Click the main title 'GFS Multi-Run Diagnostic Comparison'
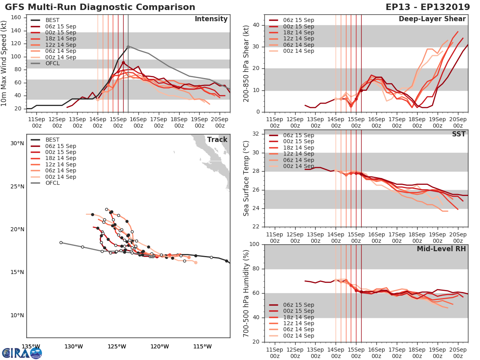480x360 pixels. [100, 7]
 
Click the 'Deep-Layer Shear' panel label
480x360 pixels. [432, 19]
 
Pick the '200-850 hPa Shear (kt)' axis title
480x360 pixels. [246, 63]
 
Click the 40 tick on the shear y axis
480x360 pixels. [257, 25]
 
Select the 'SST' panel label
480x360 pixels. [458, 134]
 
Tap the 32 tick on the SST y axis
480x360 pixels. [257, 134]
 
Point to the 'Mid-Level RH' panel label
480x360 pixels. [441, 249]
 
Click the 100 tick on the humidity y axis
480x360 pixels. [254, 244]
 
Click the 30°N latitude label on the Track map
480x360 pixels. [17, 143]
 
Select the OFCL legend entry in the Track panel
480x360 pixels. [52, 183]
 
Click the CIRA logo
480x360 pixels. [22, 353]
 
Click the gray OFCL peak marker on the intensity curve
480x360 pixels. [128, 47]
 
